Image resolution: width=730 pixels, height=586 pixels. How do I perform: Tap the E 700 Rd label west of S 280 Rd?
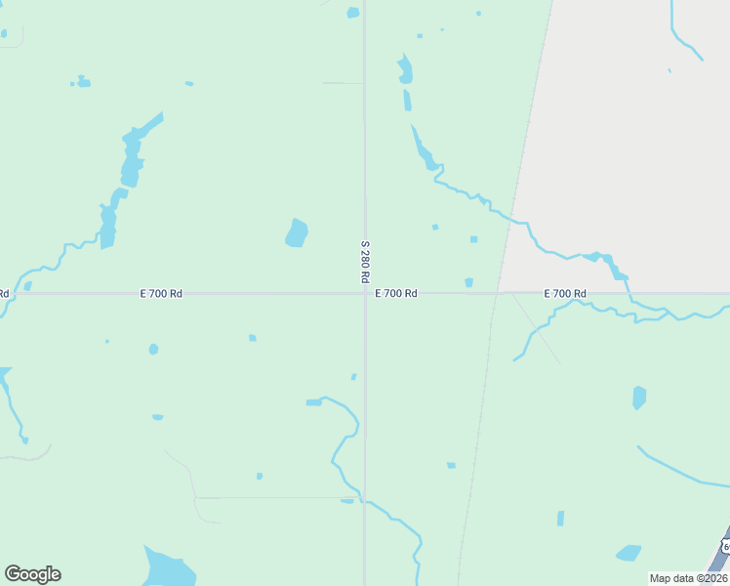(161, 293)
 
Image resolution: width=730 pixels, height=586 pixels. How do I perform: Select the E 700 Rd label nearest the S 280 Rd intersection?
(396, 293)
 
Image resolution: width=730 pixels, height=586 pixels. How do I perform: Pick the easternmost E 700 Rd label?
(565, 293)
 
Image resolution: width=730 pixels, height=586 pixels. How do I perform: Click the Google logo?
(32, 574)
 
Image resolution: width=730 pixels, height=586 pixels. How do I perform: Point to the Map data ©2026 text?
(689, 578)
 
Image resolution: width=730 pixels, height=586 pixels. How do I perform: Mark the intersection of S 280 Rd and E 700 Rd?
(365, 293)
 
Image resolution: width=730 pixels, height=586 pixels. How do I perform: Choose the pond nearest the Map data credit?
(629, 553)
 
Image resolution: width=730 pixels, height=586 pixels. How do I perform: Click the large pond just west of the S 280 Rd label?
(297, 232)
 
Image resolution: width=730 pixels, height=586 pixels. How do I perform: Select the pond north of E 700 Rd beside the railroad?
(469, 282)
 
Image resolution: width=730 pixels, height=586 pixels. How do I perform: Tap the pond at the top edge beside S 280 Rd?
(352, 13)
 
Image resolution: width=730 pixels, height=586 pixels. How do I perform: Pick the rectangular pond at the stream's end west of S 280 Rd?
(313, 402)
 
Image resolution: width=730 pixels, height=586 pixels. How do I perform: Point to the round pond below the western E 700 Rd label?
(153, 349)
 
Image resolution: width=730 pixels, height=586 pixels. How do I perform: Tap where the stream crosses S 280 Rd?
(365, 502)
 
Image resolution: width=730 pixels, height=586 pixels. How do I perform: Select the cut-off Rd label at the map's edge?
(4, 293)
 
